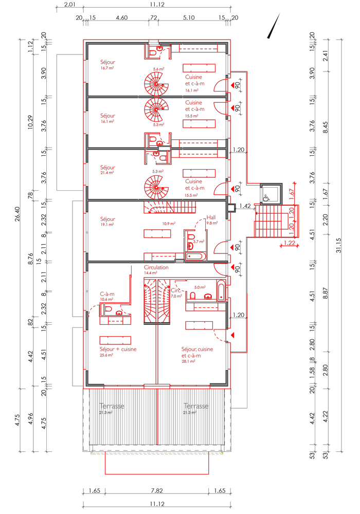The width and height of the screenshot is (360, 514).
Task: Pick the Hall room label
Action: click(211, 217)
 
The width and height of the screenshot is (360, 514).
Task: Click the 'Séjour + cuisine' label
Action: click(118, 349)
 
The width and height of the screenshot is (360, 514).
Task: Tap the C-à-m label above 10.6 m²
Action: click(107, 294)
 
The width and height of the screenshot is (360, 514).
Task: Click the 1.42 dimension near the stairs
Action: click(245, 206)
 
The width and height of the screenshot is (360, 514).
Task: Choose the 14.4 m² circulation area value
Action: click(150, 274)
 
